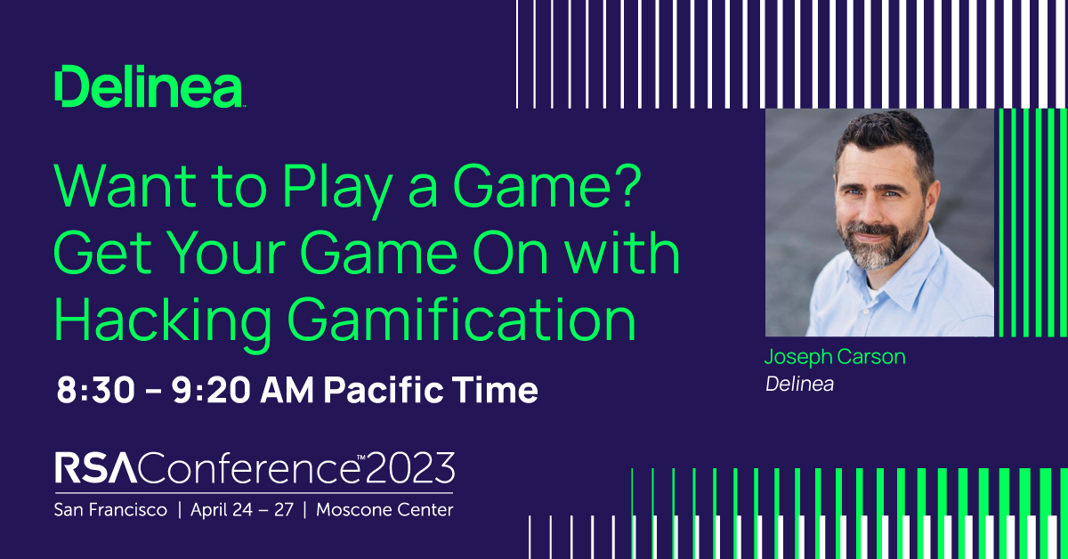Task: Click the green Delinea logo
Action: pyautogui.click(x=150, y=86)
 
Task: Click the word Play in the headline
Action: pyautogui.click(x=336, y=190)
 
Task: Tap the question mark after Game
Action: pyautogui.click(x=626, y=185)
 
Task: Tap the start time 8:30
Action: pyautogui.click(x=95, y=390)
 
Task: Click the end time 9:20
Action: pyautogui.click(x=211, y=390)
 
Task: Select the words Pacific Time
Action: pyautogui.click(x=431, y=390)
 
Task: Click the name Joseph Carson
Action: pyautogui.click(x=835, y=358)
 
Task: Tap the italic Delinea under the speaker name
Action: pyautogui.click(x=799, y=385)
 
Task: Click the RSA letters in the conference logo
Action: pyautogui.click(x=96, y=468)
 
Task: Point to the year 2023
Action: pyautogui.click(x=410, y=468)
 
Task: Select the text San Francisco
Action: pyautogui.click(x=110, y=510)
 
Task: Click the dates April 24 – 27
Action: pyautogui.click(x=242, y=510)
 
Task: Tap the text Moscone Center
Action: pyautogui.click(x=384, y=510)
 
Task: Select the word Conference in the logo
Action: pyautogui.click(x=249, y=468)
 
